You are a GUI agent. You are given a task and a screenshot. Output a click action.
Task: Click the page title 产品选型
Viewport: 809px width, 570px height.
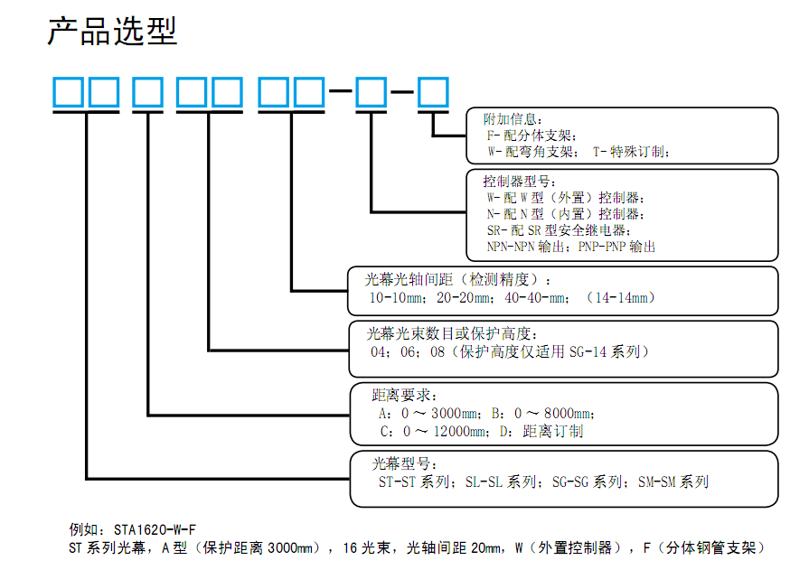pyautogui.click(x=112, y=31)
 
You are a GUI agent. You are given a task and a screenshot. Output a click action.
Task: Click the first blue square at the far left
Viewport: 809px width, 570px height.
pyautogui.click(x=68, y=92)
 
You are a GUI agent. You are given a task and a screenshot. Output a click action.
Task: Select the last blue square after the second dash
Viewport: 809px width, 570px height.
pyautogui.click(x=433, y=92)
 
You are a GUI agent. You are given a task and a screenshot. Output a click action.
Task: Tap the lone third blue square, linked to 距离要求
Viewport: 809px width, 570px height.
pyautogui.click(x=148, y=92)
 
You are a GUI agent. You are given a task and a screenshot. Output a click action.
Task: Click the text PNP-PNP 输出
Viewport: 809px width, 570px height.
pyautogui.click(x=616, y=247)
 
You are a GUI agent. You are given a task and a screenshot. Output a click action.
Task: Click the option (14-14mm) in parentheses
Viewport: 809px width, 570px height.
pyautogui.click(x=621, y=297)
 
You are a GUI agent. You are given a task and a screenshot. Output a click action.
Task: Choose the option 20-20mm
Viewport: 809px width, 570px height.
pyautogui.click(x=464, y=297)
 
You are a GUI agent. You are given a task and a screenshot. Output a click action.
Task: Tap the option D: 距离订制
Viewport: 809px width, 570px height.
pyautogui.click(x=541, y=431)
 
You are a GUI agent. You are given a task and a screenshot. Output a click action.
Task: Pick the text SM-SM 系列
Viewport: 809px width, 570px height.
pyautogui.click(x=673, y=481)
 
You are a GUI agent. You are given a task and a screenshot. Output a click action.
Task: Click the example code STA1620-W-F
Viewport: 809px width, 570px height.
pyautogui.click(x=155, y=529)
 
